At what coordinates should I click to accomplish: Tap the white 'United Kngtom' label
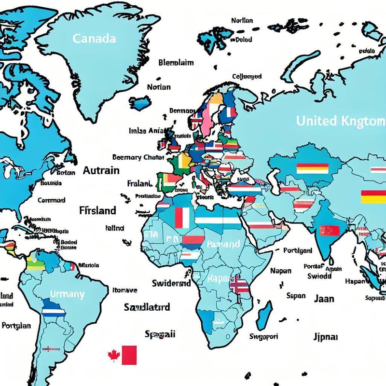coord(341,121)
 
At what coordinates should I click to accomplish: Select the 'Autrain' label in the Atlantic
coord(101,170)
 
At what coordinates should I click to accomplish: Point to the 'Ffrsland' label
coord(97,210)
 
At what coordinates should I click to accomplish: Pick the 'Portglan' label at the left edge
coord(16,326)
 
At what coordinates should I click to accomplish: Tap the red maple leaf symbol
coord(114,356)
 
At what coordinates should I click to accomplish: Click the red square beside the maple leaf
coord(129,355)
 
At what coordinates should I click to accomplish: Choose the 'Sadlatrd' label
coord(147,307)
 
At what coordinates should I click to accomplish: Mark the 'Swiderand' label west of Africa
coord(171,283)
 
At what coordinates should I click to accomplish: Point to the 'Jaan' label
coord(324,299)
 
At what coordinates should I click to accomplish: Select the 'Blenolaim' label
coord(176,62)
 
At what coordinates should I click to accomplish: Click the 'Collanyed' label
coord(247,76)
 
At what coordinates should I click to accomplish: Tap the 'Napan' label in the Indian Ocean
coord(280,271)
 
